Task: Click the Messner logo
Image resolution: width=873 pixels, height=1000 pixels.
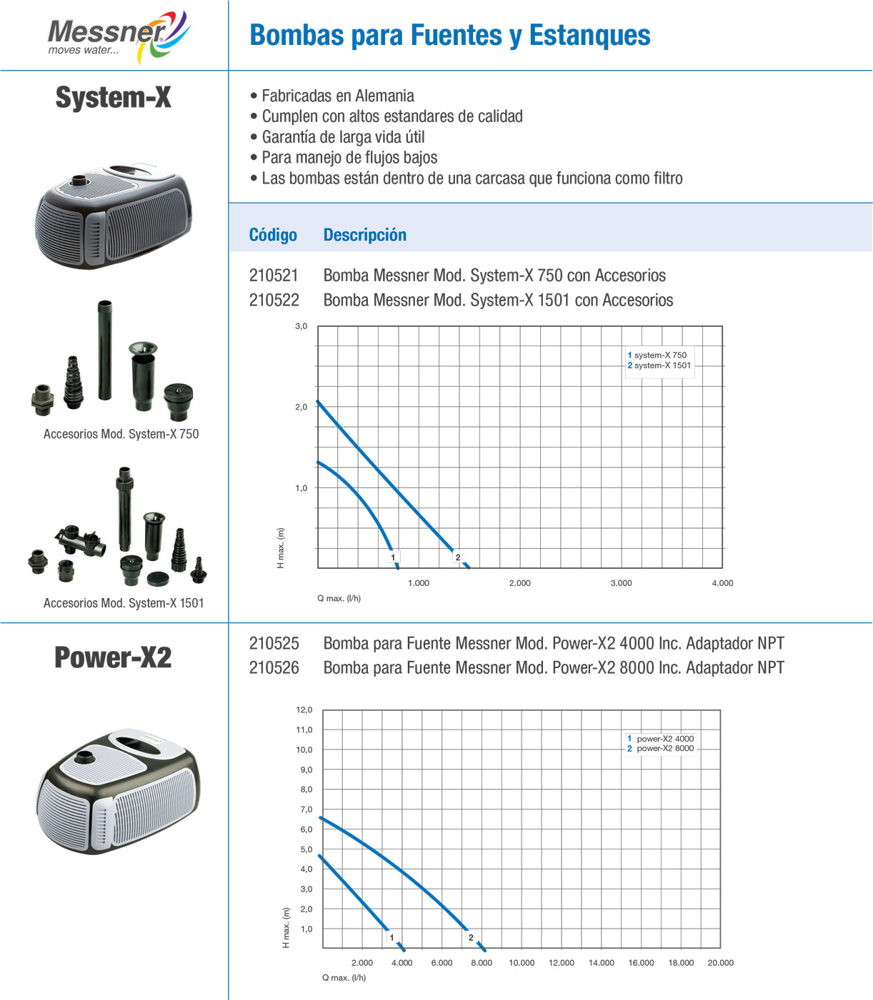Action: coord(118,36)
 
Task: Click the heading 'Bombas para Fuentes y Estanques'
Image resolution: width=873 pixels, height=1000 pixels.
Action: coord(449,35)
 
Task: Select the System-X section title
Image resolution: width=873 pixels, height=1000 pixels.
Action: coord(113,98)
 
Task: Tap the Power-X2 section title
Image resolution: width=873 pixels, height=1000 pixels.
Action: coord(113,657)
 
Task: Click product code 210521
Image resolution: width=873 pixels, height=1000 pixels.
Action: coord(274,276)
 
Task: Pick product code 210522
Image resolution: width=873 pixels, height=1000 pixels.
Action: coord(274,300)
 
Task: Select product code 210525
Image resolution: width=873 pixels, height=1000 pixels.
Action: coord(274,644)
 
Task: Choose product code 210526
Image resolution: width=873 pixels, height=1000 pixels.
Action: coord(274,668)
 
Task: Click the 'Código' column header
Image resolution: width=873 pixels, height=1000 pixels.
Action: coord(273,235)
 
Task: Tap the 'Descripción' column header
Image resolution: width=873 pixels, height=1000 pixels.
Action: coord(364,235)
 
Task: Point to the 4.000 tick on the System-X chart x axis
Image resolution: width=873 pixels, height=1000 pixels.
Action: coord(722,583)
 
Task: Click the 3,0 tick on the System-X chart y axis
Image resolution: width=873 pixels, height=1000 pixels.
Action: coord(301,326)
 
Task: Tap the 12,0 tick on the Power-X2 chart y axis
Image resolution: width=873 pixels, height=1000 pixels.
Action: coord(304,709)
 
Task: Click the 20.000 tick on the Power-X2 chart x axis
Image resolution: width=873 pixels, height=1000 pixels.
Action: coord(720,963)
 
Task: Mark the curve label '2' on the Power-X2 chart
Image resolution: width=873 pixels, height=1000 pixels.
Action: coord(471,938)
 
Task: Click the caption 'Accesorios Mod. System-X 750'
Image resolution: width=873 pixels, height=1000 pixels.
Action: coord(121,434)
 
